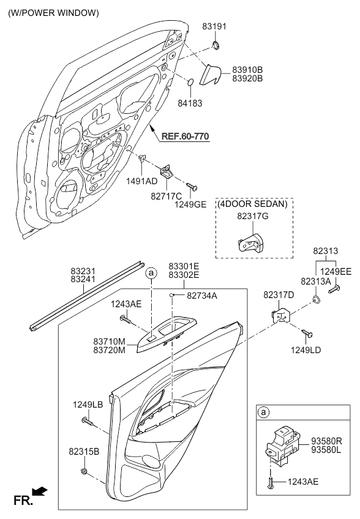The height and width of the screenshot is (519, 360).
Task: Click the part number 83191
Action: click(214, 26)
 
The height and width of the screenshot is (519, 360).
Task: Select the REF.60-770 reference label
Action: click(185, 136)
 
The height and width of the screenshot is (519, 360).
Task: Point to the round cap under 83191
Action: click(216, 44)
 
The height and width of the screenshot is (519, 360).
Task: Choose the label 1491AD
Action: click(142, 181)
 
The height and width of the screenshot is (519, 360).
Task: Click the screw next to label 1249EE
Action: click(334, 289)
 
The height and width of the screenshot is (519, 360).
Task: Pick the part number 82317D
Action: click(279, 294)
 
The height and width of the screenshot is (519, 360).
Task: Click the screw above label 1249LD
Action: click(307, 334)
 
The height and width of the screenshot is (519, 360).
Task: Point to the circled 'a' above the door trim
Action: click(151, 273)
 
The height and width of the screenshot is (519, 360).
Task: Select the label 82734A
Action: click(202, 296)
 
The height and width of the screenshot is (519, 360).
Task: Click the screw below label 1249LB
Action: click(88, 421)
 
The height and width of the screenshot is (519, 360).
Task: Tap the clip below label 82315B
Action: click(84, 471)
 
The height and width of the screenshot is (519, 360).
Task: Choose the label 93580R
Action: click(326, 441)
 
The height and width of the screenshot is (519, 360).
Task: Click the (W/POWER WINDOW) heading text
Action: click(54, 13)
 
